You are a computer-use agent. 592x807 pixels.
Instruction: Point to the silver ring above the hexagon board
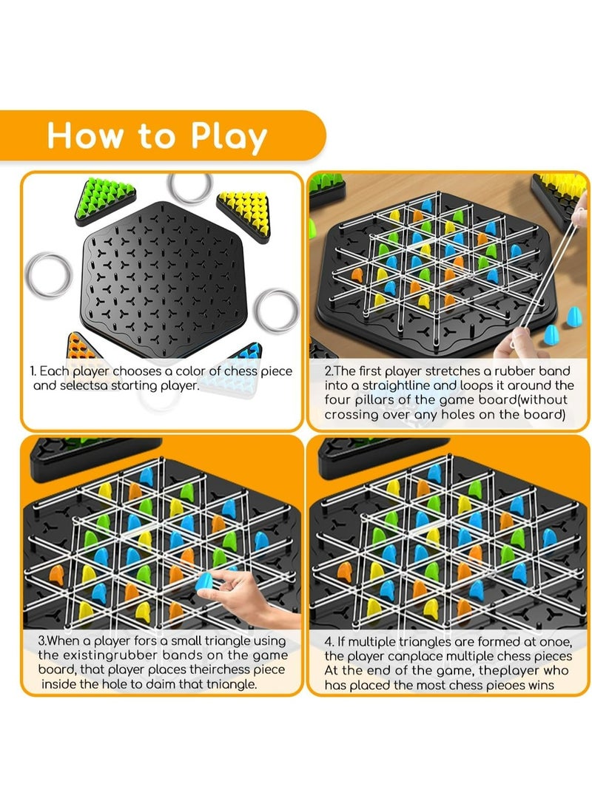(189, 187)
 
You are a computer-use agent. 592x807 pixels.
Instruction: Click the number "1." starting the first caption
(33, 371)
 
